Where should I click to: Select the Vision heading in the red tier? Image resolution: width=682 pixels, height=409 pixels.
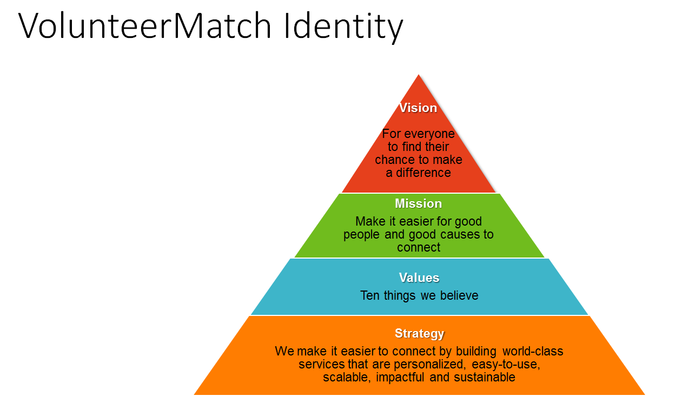(418, 108)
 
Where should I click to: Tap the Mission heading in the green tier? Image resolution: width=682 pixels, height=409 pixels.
(418, 203)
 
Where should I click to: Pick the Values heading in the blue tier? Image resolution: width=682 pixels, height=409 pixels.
(419, 278)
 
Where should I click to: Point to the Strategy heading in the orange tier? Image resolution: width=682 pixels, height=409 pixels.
(419, 333)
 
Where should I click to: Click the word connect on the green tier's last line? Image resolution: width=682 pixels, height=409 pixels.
(419, 247)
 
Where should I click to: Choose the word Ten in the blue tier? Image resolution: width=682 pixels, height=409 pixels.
(370, 295)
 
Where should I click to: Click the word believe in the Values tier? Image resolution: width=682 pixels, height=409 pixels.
(460, 295)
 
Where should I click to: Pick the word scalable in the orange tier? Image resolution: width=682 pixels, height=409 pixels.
(345, 377)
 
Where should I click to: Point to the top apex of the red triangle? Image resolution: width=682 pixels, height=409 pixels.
(419, 75)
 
